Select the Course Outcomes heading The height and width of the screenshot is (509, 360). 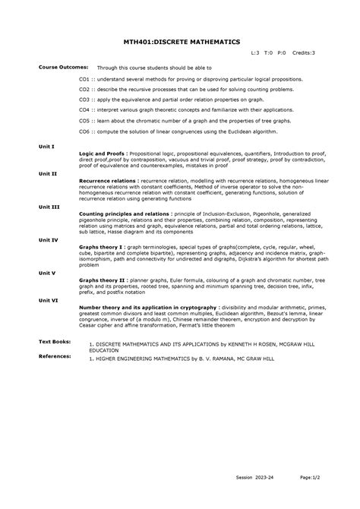pos(64,67)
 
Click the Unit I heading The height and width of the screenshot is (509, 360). pos(46,145)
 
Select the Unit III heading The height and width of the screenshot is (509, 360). pos(49,207)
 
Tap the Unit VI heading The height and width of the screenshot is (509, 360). pos(49,300)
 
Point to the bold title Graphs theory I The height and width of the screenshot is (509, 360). pos(101,247)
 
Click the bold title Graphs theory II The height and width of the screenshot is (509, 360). pos(103,280)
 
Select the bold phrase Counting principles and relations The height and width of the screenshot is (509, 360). pos(125,214)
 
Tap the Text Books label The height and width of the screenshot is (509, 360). pos(55,342)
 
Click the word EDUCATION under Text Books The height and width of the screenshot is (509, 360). pos(104,350)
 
